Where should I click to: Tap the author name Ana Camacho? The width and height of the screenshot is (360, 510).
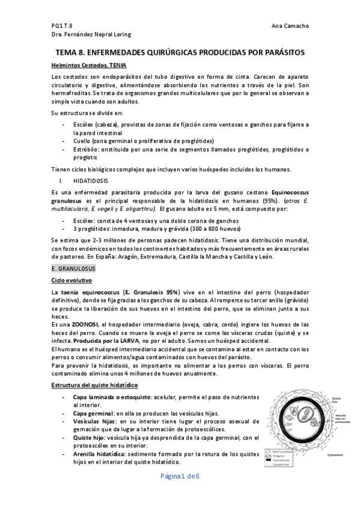coord(290,26)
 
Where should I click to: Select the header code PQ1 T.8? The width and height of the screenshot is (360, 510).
coord(62,26)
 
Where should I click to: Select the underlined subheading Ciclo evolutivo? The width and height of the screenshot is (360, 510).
coord(72,280)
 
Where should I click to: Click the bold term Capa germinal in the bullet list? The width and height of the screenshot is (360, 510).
coord(91,414)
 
